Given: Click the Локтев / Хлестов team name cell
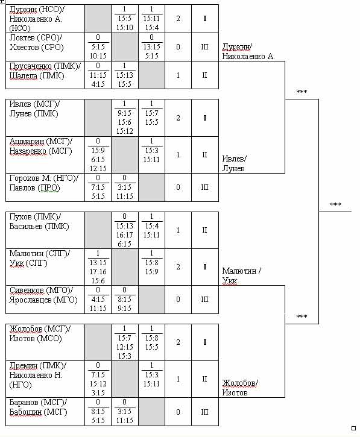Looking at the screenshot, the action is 45,47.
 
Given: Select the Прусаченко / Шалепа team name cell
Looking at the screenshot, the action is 45,75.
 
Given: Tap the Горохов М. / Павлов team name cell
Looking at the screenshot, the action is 45,187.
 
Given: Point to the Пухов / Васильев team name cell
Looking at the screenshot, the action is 45,230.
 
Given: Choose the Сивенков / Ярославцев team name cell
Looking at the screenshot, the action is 45,300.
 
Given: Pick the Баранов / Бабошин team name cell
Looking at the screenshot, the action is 45,412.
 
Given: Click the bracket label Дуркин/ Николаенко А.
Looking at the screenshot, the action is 248,52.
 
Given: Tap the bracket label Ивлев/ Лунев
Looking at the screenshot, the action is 234,163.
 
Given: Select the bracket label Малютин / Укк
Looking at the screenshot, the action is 241,275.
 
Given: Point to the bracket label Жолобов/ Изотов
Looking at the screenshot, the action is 240,388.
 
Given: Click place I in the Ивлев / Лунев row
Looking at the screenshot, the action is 205,118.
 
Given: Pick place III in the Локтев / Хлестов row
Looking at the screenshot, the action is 205,47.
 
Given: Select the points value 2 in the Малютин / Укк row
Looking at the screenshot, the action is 178,267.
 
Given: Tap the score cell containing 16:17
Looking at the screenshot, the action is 125,230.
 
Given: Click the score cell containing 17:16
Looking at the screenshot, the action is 98,267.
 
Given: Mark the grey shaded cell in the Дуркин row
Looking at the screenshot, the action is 98,19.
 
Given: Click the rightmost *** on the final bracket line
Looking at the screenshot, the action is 335,205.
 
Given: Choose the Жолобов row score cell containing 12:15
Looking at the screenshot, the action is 125,342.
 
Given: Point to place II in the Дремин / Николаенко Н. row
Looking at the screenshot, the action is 205,379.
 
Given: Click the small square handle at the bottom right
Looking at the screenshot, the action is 353,428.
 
